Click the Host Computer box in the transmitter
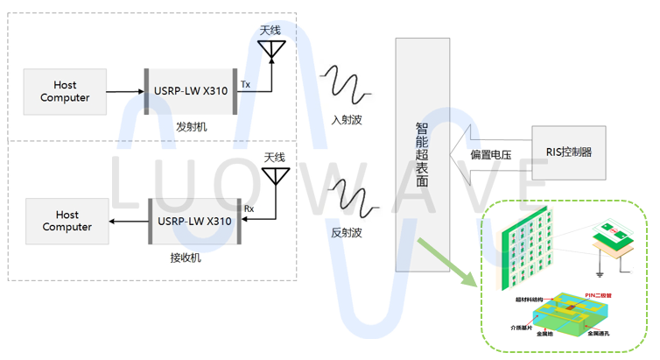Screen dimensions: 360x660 [x=65, y=91]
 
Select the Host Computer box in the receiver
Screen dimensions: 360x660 [x=67, y=221]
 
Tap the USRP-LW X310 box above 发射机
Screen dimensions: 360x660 [x=191, y=91]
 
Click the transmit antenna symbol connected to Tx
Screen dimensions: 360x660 [x=271, y=50]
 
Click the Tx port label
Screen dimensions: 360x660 [x=246, y=84]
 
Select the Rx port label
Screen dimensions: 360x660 [x=249, y=209]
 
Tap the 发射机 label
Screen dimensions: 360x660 [x=191, y=127]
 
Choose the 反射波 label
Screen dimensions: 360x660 [x=347, y=233]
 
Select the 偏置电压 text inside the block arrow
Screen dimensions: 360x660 [x=490, y=155]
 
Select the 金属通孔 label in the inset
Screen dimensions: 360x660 [x=603, y=334]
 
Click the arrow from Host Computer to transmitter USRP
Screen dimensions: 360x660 [x=125, y=90]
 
